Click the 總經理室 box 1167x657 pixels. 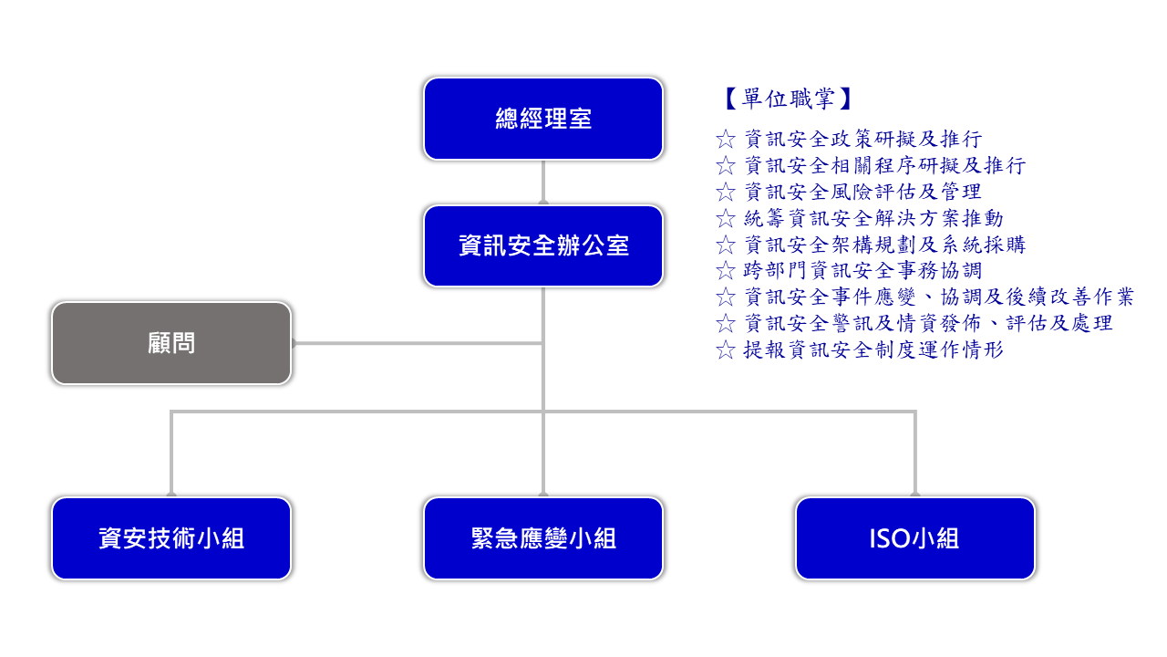[x=543, y=119]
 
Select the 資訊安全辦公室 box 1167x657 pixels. [x=543, y=246]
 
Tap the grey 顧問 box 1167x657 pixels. [x=171, y=343]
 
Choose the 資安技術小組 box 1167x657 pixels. [x=171, y=538]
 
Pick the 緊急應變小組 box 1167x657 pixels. [x=543, y=538]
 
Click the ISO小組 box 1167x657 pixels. [x=915, y=538]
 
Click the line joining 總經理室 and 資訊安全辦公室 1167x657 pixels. [x=543, y=182]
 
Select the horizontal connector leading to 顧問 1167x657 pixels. [x=418, y=343]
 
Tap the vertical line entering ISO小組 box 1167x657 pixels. [x=915, y=454]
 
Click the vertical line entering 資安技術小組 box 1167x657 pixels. [x=171, y=454]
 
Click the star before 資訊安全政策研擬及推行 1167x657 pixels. [x=725, y=140]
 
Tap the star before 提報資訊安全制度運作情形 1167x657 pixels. [x=725, y=349]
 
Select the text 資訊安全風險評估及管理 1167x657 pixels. [x=862, y=192]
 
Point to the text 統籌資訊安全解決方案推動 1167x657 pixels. [x=873, y=218]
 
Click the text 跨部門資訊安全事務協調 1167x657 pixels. [x=862, y=271]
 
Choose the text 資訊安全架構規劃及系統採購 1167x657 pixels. [x=884, y=245]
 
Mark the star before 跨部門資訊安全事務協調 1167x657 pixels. [x=725, y=271]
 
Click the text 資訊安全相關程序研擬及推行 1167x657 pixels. [x=884, y=165]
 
